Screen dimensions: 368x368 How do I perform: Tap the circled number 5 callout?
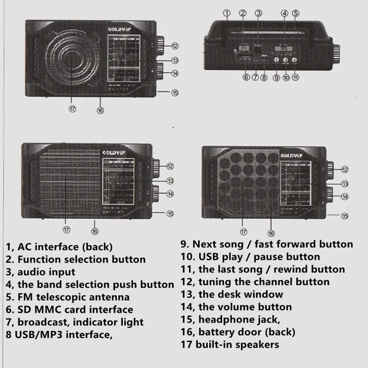[296, 13]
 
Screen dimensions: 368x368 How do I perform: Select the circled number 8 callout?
[264, 78]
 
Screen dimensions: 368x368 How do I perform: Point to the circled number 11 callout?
[295, 78]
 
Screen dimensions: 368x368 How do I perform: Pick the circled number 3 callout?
[259, 13]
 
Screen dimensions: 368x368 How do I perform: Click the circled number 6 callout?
[247, 77]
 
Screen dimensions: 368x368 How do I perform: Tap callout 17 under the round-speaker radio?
[73, 109]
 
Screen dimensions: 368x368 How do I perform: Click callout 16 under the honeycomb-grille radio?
[271, 233]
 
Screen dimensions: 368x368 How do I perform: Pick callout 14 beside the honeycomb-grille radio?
[345, 196]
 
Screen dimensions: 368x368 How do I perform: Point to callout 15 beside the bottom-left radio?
[170, 213]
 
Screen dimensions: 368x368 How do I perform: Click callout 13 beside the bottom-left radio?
[170, 181]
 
